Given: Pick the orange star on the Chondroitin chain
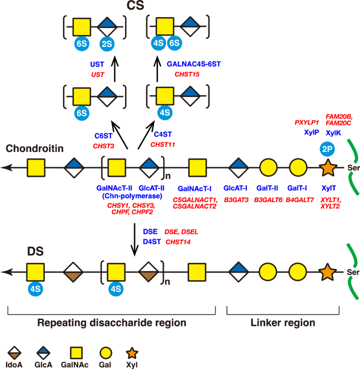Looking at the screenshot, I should click(311, 169).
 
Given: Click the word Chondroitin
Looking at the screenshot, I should click(29, 147).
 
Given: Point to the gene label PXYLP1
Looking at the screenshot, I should click(306, 122).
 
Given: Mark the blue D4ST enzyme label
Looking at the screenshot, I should click(151, 242).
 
